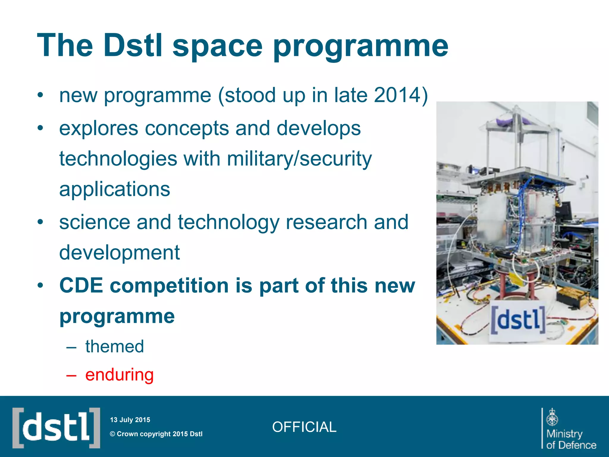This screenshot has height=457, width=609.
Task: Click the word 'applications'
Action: [114, 189]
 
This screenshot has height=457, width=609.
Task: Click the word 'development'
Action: [119, 253]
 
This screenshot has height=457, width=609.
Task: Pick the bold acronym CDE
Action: [81, 285]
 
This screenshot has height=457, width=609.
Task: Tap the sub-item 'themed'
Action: [114, 346]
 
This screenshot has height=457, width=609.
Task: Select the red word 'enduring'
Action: [119, 375]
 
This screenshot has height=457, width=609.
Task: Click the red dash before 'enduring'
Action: [71, 375]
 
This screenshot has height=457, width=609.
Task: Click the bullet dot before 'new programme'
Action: [40, 96]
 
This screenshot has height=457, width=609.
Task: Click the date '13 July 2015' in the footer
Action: [130, 420]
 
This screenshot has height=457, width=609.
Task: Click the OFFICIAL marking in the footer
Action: [304, 427]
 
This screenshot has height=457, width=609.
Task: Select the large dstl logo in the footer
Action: [56, 428]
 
